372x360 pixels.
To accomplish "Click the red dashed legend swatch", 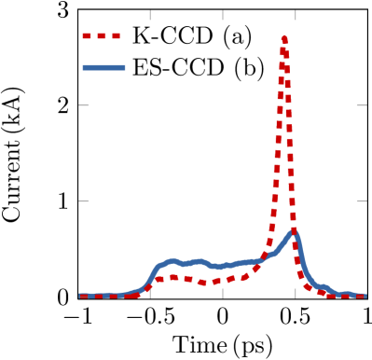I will tap(101, 35).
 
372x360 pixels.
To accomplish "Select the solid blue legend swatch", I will tap(103, 67).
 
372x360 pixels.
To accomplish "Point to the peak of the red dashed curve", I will tap(284, 38).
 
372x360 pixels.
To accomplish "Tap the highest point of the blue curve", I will tap(294, 231).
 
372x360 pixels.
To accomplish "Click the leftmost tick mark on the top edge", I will tap(150, 15).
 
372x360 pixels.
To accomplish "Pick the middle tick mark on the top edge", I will tap(223, 15).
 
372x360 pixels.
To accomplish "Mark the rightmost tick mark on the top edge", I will tap(296, 15).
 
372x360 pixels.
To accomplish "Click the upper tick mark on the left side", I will tap(84, 105).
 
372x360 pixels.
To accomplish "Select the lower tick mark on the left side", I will tap(84, 201).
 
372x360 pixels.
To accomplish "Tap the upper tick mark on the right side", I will tap(361, 105).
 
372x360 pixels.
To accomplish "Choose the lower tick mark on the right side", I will tap(361, 201).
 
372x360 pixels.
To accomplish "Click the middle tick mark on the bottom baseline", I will tap(223, 293).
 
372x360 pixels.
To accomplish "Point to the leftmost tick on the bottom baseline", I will tap(150, 293).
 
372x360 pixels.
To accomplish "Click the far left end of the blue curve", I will tap(80, 296).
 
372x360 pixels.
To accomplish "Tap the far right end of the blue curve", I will tap(365, 296).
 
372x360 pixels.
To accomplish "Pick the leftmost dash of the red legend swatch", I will tap(87, 35).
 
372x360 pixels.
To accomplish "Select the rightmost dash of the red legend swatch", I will tap(116, 35).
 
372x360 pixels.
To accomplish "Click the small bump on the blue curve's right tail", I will tap(324, 286).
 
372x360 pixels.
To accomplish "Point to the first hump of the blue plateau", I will tap(172, 261).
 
